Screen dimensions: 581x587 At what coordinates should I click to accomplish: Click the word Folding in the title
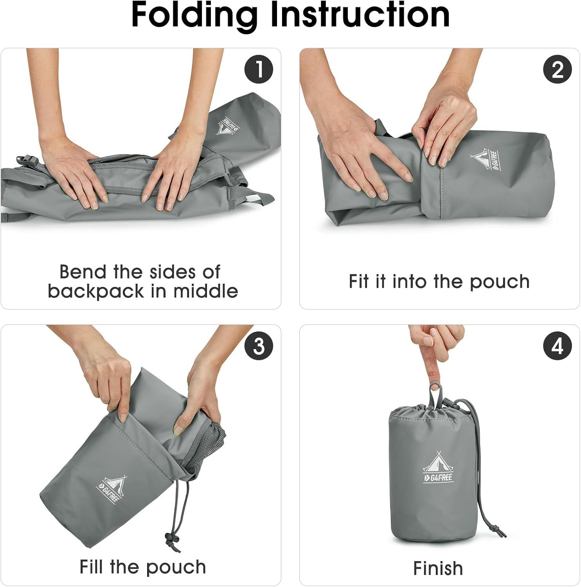pyautogui.click(x=194, y=16)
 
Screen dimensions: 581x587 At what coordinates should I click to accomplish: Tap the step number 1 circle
pyautogui.click(x=258, y=70)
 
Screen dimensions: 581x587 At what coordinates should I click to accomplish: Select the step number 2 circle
pyautogui.click(x=557, y=70)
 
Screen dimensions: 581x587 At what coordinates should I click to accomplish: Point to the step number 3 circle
pyautogui.click(x=258, y=346)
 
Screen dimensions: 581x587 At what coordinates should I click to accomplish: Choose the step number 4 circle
pyautogui.click(x=557, y=346)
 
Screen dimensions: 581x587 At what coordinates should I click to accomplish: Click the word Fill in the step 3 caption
pyautogui.click(x=92, y=567)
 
